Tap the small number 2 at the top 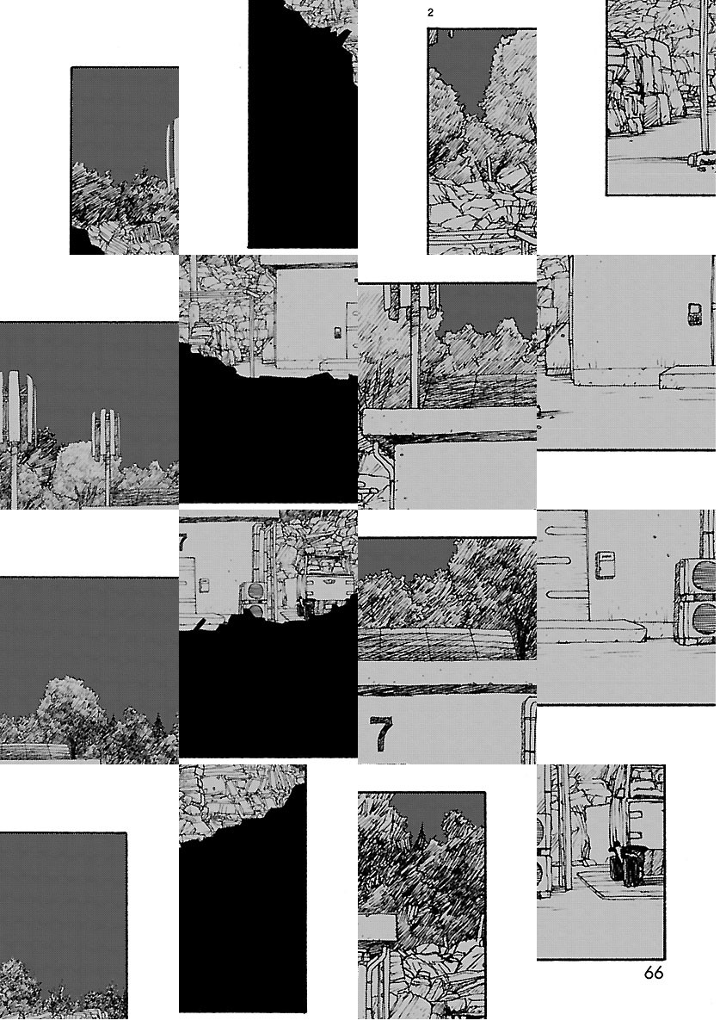pos(430,13)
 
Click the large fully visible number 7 pos(381,733)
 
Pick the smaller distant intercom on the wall pos(337,332)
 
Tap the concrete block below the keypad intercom pos(686,379)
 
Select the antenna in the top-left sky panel pos(172,154)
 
